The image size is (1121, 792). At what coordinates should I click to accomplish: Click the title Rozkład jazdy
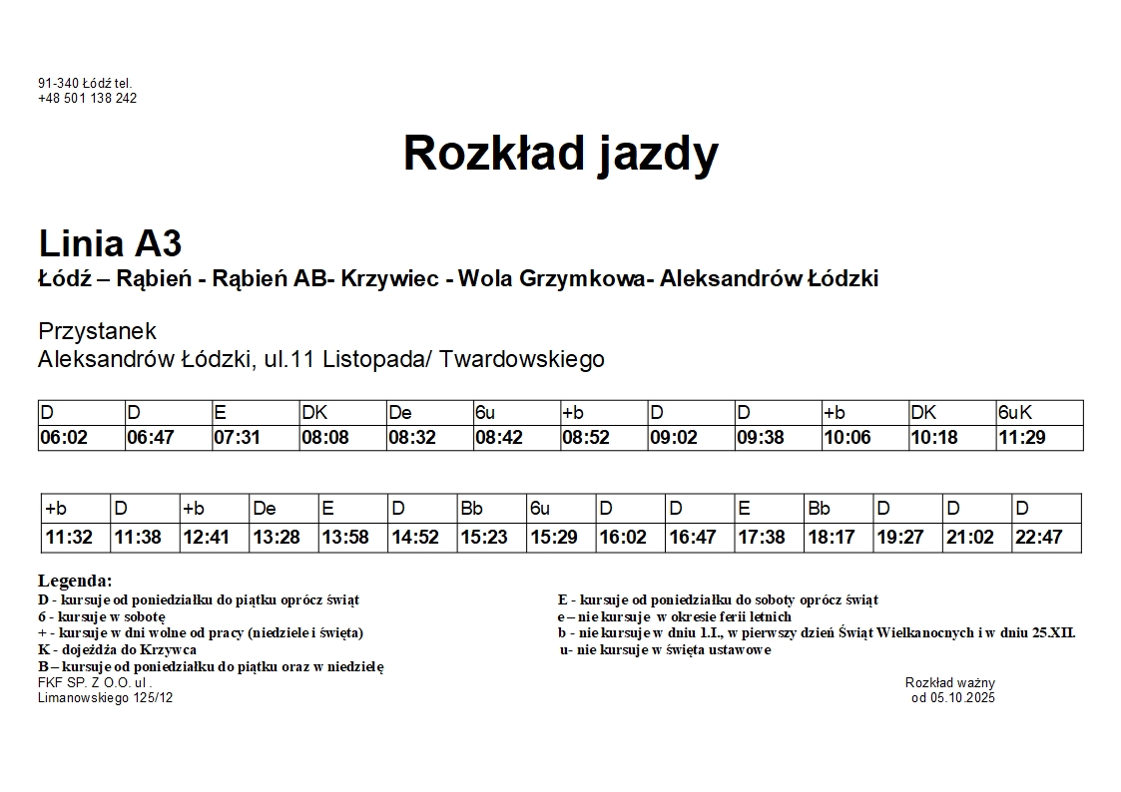560,154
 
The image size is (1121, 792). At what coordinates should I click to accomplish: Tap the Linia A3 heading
110,243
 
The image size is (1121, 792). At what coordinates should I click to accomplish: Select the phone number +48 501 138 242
87,99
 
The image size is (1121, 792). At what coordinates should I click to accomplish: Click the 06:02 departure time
64,438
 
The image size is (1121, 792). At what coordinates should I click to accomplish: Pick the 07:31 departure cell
237,438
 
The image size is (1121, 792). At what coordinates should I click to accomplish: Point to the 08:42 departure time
498,438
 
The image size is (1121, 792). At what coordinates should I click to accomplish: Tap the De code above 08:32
400,413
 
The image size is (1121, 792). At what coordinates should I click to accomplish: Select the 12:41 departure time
206,538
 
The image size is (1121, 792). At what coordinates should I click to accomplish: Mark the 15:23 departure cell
484,538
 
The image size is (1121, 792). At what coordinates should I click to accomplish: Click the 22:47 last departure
1038,538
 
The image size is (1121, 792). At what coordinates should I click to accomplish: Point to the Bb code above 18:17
819,509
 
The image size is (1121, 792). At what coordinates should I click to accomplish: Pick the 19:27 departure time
900,538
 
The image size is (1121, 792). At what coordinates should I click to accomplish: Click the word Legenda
75,581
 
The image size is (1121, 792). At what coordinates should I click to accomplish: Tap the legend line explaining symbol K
117,650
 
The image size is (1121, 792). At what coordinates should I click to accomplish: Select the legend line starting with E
718,600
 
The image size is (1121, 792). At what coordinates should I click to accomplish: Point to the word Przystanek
97,331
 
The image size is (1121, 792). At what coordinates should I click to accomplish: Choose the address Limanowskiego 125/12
105,698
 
